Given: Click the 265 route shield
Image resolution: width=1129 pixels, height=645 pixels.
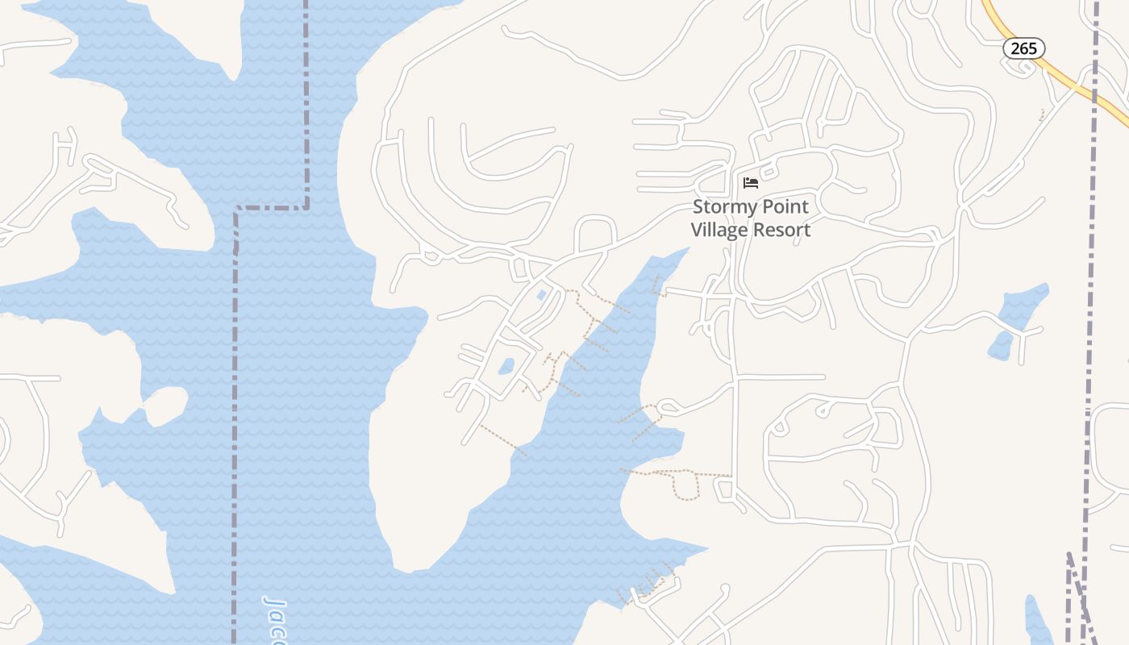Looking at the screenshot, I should [x=1023, y=48].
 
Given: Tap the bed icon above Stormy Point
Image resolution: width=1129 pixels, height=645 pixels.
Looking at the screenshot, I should [x=751, y=182].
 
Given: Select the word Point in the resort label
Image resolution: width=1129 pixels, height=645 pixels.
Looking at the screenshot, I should [x=785, y=207].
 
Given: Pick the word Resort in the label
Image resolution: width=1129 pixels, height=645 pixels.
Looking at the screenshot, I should [x=781, y=230].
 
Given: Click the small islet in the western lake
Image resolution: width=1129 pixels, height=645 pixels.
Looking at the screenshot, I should [x=165, y=406].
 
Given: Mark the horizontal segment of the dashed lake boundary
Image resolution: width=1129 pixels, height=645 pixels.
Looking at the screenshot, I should [x=271, y=208].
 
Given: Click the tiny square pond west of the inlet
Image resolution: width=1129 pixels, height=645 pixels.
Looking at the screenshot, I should [x=542, y=294].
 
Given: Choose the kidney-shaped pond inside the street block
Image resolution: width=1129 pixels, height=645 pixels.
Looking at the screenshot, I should [x=506, y=366].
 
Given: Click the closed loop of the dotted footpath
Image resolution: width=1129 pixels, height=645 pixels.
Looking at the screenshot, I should [x=685, y=485].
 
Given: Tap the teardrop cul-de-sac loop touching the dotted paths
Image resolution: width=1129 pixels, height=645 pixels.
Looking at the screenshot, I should [x=668, y=407].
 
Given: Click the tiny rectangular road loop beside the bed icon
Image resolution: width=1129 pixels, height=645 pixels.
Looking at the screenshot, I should [x=768, y=172].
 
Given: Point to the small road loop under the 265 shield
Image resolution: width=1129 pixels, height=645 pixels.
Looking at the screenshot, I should [x=1020, y=66].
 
